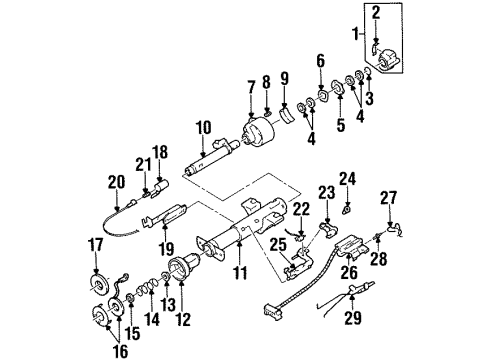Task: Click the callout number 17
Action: pyautogui.click(x=96, y=246)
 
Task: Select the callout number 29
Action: pyautogui.click(x=353, y=317)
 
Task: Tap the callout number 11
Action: pyautogui.click(x=240, y=273)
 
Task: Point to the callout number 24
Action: pyautogui.click(x=348, y=179)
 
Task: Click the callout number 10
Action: pyautogui.click(x=204, y=128)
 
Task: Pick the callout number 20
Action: pyautogui.click(x=116, y=182)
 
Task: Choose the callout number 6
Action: pyautogui.click(x=320, y=61)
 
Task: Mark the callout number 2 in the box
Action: pyautogui.click(x=376, y=13)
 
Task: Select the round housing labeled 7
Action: pyautogui.click(x=257, y=132)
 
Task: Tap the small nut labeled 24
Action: pyautogui.click(x=347, y=209)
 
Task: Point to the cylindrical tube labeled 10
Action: pyautogui.click(x=210, y=158)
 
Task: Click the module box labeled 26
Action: pyautogui.click(x=351, y=247)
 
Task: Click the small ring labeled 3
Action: pyautogui.click(x=368, y=71)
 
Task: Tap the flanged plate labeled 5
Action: pyautogui.click(x=338, y=87)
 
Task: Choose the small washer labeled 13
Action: pyautogui.click(x=166, y=276)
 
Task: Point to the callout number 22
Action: pyautogui.click(x=301, y=209)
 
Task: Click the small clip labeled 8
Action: pyautogui.click(x=267, y=114)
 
